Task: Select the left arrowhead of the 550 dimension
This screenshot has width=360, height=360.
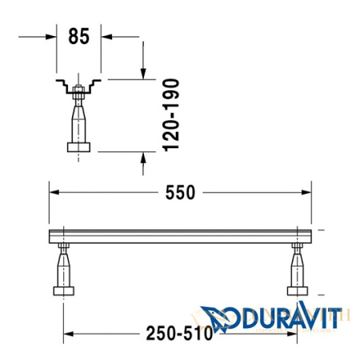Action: pyautogui.click(x=53, y=192)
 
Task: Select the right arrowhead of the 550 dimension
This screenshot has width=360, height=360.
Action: pyautogui.click(x=309, y=192)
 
